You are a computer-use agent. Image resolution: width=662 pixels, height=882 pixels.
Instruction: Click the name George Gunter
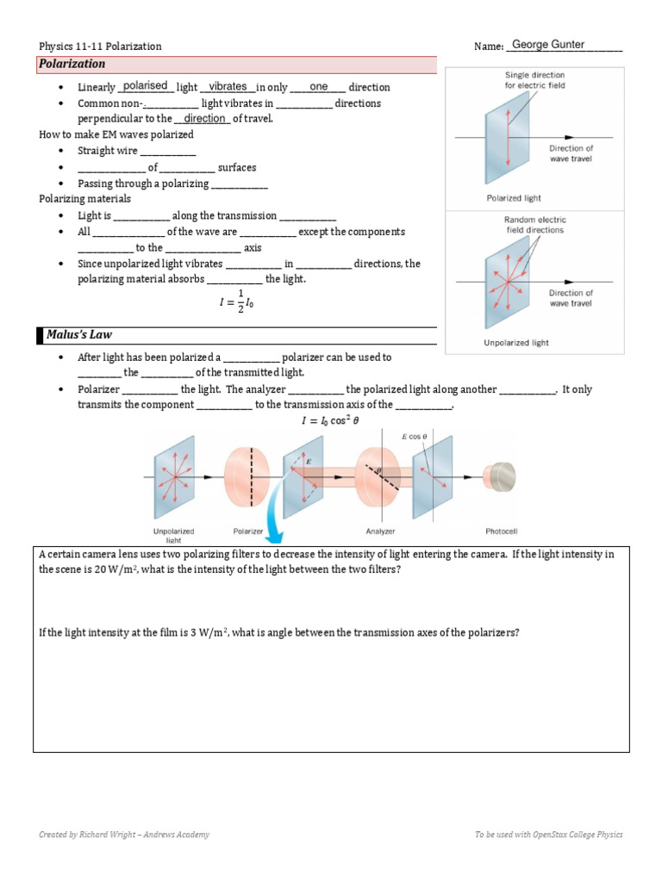coord(548,45)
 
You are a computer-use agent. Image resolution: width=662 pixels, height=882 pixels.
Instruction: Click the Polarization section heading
coord(72,64)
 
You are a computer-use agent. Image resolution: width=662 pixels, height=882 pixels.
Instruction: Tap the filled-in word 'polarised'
coord(146,86)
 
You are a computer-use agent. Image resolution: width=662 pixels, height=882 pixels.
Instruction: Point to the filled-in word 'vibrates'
coord(228,86)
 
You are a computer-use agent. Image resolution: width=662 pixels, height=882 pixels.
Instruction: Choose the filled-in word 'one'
coord(318,86)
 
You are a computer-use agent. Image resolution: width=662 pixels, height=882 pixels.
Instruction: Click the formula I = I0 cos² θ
coord(330,421)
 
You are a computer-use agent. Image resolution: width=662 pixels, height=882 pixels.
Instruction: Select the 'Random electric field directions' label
coord(534,225)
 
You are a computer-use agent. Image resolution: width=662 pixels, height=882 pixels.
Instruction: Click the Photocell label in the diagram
coord(502,531)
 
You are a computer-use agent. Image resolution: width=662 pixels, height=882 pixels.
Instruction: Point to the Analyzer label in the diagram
coord(380,531)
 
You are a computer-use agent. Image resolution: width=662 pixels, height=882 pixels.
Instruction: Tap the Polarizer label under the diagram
coord(247,531)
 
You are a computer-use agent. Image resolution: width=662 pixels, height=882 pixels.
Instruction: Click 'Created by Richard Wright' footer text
coord(124,834)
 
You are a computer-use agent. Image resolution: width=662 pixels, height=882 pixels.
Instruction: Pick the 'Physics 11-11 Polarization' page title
coord(100,46)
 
